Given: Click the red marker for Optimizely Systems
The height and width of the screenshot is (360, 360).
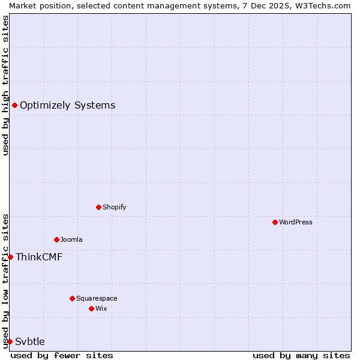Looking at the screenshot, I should [x=14, y=106].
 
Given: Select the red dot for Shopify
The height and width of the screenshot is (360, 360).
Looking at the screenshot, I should [x=98, y=207].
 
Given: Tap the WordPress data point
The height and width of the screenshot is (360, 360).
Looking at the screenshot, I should [x=275, y=222].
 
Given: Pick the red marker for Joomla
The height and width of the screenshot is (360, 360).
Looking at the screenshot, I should [x=56, y=239].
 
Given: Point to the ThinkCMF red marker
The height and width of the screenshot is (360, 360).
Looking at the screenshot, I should [x=10, y=257].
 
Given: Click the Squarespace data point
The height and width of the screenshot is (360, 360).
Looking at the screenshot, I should [x=72, y=298].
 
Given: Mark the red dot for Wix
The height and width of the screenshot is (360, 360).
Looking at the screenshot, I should [x=91, y=308].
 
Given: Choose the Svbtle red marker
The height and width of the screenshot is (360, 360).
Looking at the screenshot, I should [x=10, y=341].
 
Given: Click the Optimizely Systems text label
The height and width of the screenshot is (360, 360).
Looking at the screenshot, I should [x=67, y=106].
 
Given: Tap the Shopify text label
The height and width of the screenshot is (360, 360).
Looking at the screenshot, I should [x=114, y=207].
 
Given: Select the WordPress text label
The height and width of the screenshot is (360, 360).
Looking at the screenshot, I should [x=295, y=222].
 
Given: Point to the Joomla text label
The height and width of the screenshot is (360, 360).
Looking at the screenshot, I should [x=71, y=239].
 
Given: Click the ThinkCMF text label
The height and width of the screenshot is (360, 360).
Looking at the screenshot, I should [x=39, y=257].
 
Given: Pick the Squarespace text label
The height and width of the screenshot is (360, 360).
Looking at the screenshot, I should [x=97, y=298].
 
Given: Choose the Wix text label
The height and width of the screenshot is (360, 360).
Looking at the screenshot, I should [x=101, y=308].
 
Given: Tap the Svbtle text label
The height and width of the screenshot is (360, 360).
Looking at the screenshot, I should [x=30, y=341].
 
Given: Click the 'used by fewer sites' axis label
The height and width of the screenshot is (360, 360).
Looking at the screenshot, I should [x=62, y=355].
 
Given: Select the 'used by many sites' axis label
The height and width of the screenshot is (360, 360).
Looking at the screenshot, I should [x=301, y=355].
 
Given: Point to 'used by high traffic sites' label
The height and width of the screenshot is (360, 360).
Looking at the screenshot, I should [x=5, y=85].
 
